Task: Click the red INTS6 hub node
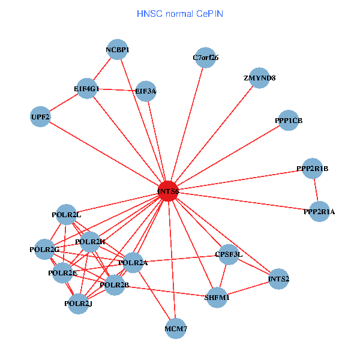(168, 191)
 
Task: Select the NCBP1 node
(118, 50)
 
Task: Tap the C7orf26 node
(205, 58)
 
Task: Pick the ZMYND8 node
(259, 78)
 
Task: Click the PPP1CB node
(289, 121)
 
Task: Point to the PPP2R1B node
(313, 169)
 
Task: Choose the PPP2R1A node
(319, 211)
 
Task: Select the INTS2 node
(278, 278)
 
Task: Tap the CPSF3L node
(229, 254)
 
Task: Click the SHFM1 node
(217, 297)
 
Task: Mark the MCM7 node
(176, 328)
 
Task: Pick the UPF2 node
(40, 116)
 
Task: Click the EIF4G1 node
(87, 88)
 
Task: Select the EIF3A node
(146, 91)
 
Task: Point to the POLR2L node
(67, 214)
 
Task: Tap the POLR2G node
(44, 249)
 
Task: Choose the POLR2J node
(78, 304)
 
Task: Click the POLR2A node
(133, 263)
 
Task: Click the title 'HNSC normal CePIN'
(180, 13)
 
